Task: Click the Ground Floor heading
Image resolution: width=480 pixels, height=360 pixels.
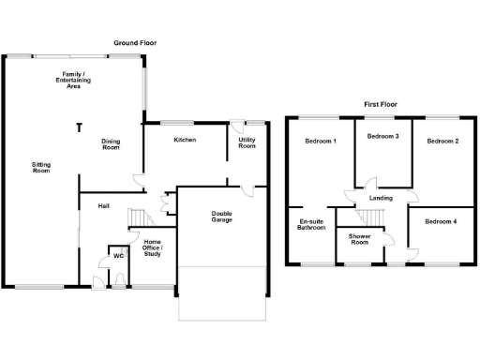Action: click(134, 43)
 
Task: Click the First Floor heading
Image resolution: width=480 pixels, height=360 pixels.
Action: click(382, 105)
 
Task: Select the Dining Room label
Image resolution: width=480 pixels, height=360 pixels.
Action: click(112, 143)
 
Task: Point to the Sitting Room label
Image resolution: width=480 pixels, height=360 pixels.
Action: click(40, 168)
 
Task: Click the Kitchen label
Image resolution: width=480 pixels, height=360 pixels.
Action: click(185, 140)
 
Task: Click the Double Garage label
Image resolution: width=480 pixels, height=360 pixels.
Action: click(221, 217)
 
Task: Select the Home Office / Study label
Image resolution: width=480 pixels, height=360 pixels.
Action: click(152, 247)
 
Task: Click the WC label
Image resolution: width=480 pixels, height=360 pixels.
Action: click(119, 255)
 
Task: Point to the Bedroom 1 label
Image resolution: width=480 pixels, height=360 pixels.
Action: click(322, 141)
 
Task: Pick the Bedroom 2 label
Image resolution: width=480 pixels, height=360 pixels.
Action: click(442, 141)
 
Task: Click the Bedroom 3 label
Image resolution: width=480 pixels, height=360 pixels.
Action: click(382, 137)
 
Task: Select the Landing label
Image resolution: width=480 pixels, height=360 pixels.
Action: click(381, 198)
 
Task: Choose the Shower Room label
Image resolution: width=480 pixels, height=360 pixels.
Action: click(360, 239)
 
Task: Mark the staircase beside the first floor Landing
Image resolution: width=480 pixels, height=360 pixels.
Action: click(374, 217)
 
